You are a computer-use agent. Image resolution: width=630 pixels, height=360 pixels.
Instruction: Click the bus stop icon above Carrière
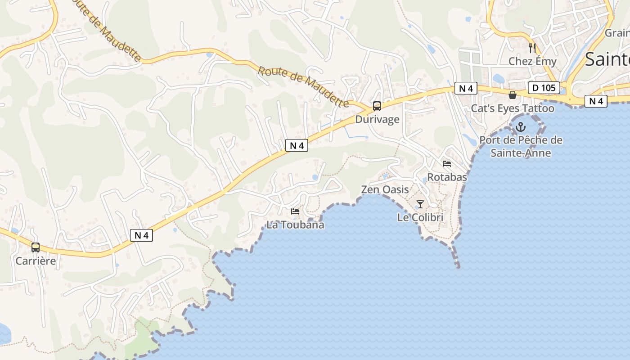tap(36, 247)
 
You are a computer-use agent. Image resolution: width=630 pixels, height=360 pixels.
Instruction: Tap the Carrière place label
tap(36, 261)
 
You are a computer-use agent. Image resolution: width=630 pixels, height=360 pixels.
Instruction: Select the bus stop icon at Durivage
tap(377, 106)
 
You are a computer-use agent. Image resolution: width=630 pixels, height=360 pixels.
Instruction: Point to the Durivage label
tap(377, 119)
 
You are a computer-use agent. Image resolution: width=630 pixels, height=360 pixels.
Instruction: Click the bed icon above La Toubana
tap(295, 211)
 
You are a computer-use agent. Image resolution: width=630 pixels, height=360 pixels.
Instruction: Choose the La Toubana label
tap(295, 225)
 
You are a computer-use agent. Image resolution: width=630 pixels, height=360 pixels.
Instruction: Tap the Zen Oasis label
tap(385, 190)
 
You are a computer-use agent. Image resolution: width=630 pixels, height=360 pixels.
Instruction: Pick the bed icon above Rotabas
tap(447, 164)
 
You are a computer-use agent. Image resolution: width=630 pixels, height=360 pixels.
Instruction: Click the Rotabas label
tap(447, 177)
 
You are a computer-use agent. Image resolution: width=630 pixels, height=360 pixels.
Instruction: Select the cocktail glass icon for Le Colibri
tap(420, 204)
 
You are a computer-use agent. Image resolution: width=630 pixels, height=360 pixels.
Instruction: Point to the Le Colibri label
tap(420, 217)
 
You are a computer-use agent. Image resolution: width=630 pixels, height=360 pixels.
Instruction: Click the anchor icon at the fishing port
tap(521, 127)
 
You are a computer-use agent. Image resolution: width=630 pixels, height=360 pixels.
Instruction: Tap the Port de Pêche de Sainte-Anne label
tap(521, 146)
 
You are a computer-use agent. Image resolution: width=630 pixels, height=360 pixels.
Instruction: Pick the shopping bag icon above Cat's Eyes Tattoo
tap(512, 95)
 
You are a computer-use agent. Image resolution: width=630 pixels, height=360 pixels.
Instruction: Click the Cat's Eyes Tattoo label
tap(513, 108)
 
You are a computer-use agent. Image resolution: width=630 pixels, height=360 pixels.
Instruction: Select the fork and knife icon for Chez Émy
tap(532, 48)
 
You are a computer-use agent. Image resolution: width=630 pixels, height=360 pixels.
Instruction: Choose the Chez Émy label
tap(532, 61)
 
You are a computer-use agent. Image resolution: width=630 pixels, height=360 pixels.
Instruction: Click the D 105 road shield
tap(544, 88)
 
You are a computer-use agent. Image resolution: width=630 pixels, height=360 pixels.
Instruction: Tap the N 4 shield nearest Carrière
tap(141, 235)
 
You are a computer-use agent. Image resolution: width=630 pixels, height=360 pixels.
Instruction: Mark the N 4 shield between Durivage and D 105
tap(465, 88)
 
